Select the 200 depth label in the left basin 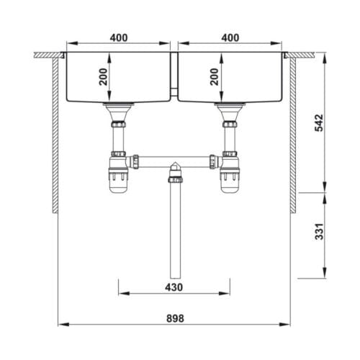pos(104,77)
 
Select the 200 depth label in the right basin pos(215,77)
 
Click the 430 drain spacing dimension pos(174,287)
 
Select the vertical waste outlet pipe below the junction pos(174,230)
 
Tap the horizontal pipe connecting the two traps pos(174,161)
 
